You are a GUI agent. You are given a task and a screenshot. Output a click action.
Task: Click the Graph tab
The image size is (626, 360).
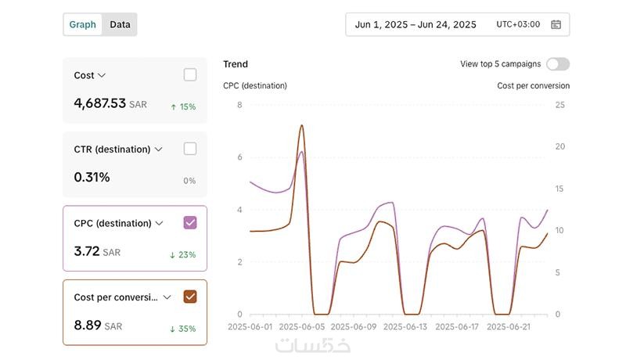point(82,24)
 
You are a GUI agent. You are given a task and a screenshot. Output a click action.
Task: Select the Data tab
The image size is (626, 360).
point(120,24)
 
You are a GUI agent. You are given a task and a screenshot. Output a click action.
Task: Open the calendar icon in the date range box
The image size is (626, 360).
point(556,24)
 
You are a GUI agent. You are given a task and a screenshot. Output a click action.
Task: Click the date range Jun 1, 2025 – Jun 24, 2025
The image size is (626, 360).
point(416,24)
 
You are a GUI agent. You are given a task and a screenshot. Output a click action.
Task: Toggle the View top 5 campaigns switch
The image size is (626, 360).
point(558,64)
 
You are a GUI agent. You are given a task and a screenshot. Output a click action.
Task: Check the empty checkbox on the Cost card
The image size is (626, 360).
point(190,75)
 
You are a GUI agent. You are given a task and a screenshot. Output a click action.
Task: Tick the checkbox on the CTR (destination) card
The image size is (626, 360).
point(190,149)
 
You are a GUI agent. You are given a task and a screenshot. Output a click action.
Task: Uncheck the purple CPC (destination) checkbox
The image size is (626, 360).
point(190,223)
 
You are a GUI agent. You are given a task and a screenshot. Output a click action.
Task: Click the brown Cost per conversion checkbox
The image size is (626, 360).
point(190,297)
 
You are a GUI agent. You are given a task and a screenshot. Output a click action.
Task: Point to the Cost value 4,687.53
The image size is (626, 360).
point(99,103)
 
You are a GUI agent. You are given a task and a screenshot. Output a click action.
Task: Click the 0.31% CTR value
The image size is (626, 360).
point(92,178)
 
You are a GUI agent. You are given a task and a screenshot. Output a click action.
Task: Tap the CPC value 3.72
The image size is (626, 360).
point(87,251)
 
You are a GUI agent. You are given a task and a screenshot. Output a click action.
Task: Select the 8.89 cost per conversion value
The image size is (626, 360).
point(88,325)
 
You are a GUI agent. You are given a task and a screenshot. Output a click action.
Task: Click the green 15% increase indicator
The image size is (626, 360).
point(183,106)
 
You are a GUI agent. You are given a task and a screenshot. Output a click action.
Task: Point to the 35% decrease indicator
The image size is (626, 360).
point(183,329)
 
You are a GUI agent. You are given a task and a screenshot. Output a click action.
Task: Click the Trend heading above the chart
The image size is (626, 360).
point(236,64)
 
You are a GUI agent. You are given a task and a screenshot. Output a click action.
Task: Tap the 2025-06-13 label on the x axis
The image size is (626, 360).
point(405,327)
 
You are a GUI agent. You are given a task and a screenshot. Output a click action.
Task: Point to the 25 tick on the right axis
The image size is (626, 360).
point(559,105)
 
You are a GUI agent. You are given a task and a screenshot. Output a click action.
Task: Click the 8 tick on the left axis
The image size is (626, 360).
point(239,105)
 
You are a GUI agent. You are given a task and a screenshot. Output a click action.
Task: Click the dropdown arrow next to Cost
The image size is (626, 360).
point(102,76)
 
